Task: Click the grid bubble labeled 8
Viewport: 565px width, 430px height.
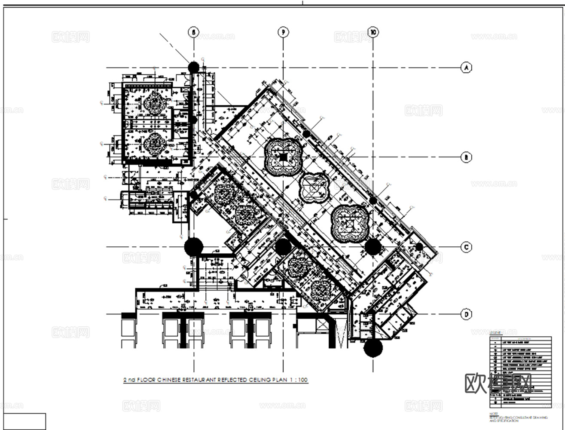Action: point(194,32)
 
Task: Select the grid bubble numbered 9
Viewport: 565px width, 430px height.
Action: point(283,32)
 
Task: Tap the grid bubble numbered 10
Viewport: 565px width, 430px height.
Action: point(373,32)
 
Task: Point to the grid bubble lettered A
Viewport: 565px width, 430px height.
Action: point(466,68)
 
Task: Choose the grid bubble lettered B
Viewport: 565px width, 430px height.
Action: point(466,157)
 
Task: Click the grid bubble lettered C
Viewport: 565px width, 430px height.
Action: point(466,247)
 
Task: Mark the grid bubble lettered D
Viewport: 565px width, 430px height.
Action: point(466,314)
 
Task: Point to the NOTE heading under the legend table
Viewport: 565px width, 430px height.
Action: point(493,414)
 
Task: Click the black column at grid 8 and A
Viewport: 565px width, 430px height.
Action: point(194,67)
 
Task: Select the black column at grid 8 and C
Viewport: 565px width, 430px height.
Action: point(194,247)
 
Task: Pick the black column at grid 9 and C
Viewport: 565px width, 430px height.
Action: point(283,247)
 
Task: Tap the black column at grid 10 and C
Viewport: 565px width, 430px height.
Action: point(373,247)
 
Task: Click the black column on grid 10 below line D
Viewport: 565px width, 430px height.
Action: point(373,348)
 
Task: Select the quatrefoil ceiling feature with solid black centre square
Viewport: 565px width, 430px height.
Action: point(283,157)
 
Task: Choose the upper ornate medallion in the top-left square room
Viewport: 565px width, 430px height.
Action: point(154,104)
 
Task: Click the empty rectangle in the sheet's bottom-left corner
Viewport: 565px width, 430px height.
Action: point(26,421)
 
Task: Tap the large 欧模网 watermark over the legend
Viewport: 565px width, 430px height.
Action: point(498,383)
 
